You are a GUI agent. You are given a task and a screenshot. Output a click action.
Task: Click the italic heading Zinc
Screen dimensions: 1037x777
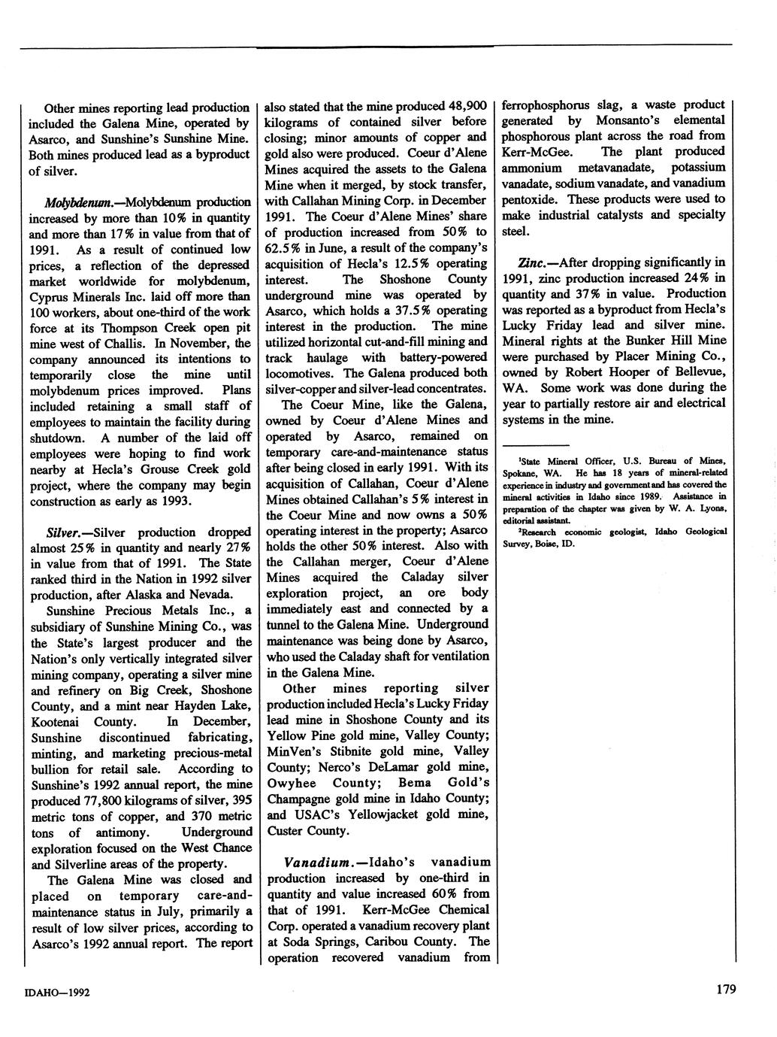coord(533,262)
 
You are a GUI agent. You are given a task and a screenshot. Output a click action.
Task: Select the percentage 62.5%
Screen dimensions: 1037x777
coord(285,247)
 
